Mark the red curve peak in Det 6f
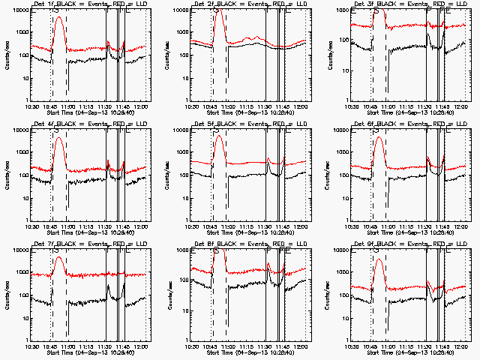(379, 137)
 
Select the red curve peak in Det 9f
(379, 259)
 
